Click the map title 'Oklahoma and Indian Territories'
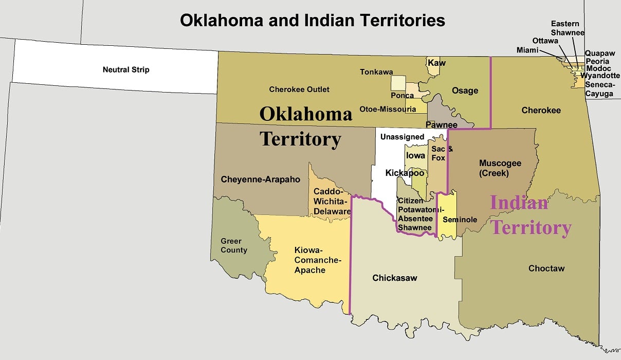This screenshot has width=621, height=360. coord(312,20)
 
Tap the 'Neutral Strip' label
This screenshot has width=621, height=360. coord(126,69)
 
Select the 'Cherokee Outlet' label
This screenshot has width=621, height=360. coord(299,89)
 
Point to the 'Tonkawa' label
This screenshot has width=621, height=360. coord(376,72)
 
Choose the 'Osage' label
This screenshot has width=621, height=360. coord(465,91)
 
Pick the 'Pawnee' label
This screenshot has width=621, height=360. coord(442,125)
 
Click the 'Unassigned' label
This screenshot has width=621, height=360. coord(403,137)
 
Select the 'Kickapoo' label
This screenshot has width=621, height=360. coord(405,173)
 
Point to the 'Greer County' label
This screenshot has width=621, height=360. coord(234,245)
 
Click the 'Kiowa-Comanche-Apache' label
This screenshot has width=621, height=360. coord(310,260)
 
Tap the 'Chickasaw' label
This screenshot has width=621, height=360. coord(395,278)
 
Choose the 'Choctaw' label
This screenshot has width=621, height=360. coord(546,268)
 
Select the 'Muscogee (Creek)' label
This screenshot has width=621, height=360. coord(500,168)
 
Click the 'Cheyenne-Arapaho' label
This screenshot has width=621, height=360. coord(253,179)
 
